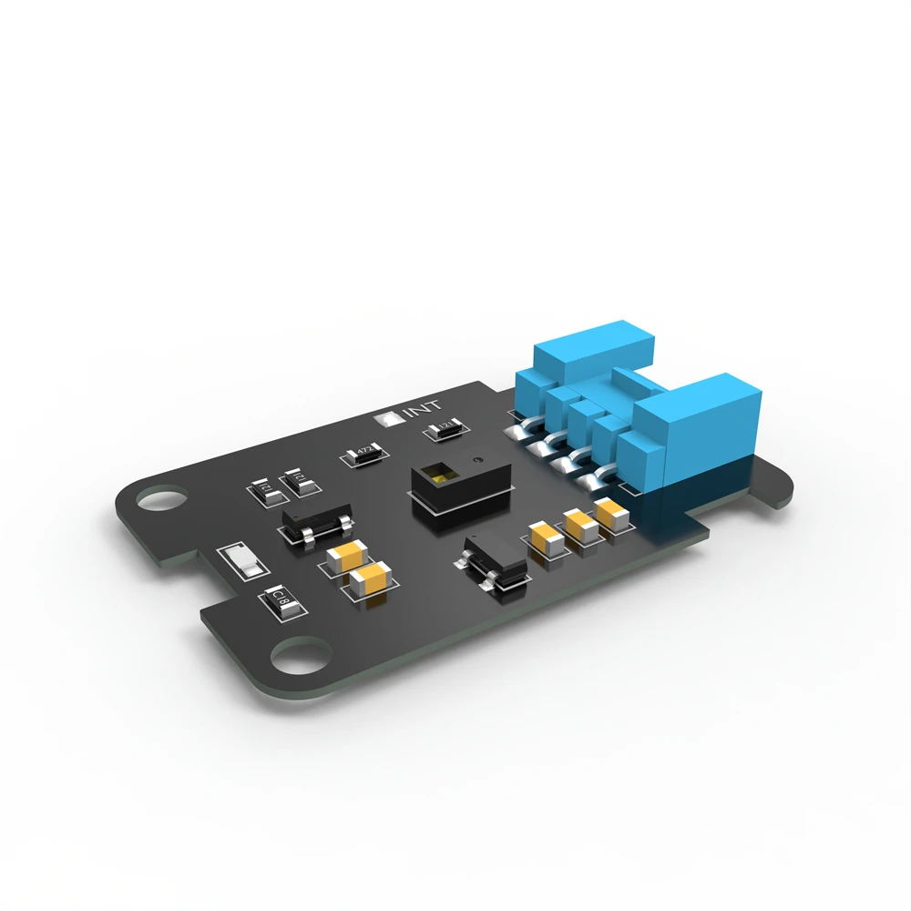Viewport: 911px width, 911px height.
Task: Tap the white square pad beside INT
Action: coord(387,419)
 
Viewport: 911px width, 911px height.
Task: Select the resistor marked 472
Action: coord(363,452)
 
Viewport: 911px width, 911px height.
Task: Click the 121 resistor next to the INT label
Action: coord(446,428)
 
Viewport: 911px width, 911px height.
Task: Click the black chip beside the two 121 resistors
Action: coord(314,526)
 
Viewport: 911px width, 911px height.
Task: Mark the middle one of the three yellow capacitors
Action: coord(580,526)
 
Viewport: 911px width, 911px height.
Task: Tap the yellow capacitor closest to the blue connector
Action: coord(611,511)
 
